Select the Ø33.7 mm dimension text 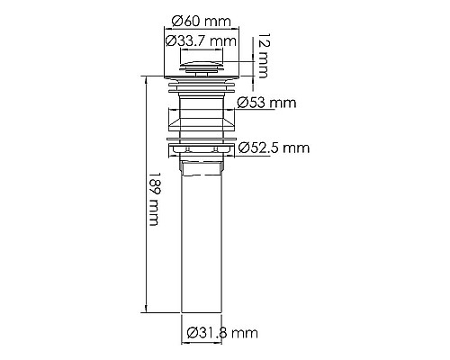(200, 40)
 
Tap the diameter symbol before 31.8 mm (193, 335)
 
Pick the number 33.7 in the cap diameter (195, 40)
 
